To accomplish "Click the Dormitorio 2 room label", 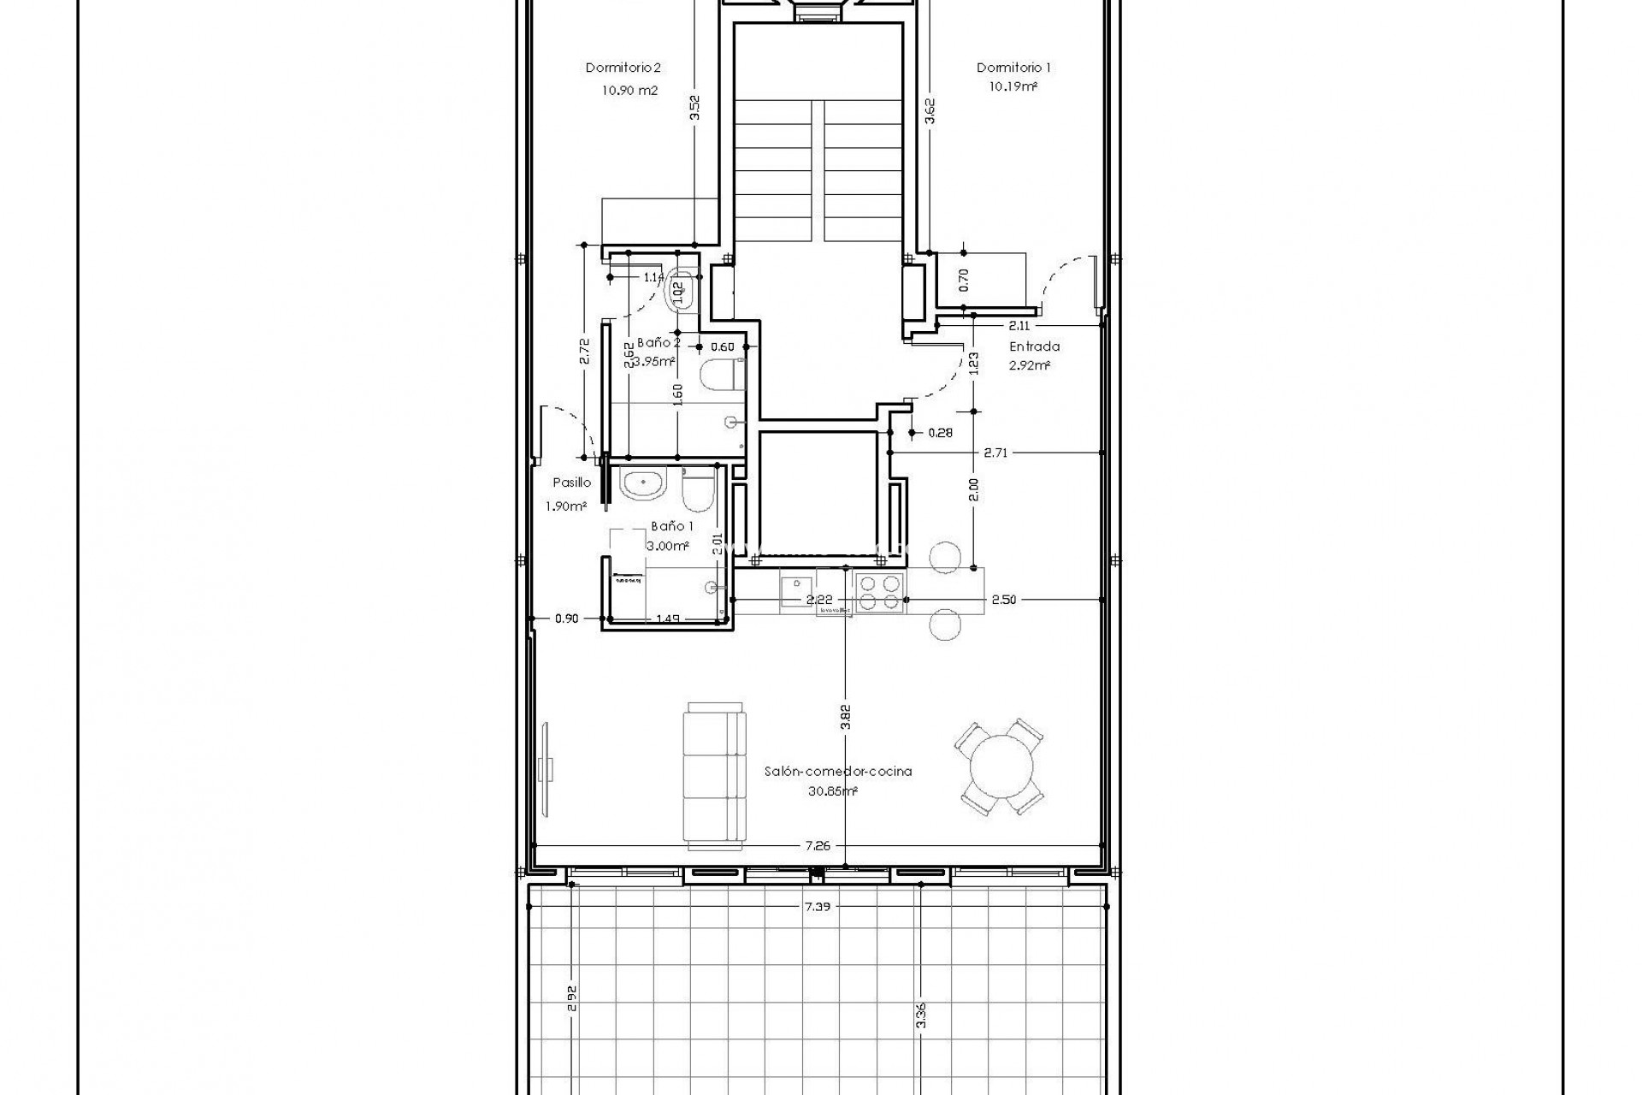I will [623, 68].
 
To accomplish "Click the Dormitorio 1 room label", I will [1013, 68].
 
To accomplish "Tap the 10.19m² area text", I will [1013, 87].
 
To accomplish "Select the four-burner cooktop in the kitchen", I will [880, 592].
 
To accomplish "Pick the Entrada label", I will [1034, 346].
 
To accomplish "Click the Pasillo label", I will [570, 482].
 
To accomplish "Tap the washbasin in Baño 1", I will [642, 485].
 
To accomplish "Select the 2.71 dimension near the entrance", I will [995, 453].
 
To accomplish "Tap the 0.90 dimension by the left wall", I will [566, 619].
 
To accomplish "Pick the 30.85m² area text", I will [832, 791].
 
